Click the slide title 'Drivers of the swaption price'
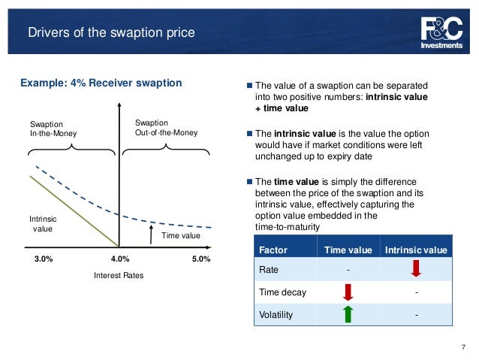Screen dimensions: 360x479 click(x=110, y=32)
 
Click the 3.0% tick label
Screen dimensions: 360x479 click(x=44, y=259)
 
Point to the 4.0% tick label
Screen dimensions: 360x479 click(x=120, y=259)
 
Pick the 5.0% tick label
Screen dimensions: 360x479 click(x=200, y=259)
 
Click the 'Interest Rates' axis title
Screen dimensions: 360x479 click(x=118, y=276)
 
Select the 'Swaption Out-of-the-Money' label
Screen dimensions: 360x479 click(x=165, y=127)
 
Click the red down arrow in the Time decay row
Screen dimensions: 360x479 click(x=348, y=291)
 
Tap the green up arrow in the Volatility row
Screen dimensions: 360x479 click(x=348, y=314)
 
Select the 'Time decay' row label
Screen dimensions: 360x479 click(x=279, y=292)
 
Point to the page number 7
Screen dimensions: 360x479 click(x=463, y=346)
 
